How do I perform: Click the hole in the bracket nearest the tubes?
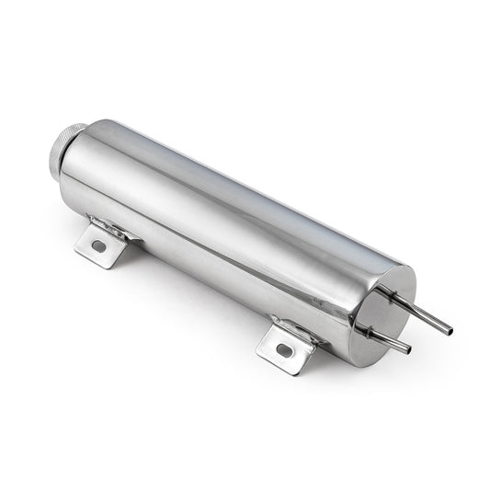click(283, 350)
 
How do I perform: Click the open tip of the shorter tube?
click(408, 349)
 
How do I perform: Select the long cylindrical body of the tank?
click(230, 230)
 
